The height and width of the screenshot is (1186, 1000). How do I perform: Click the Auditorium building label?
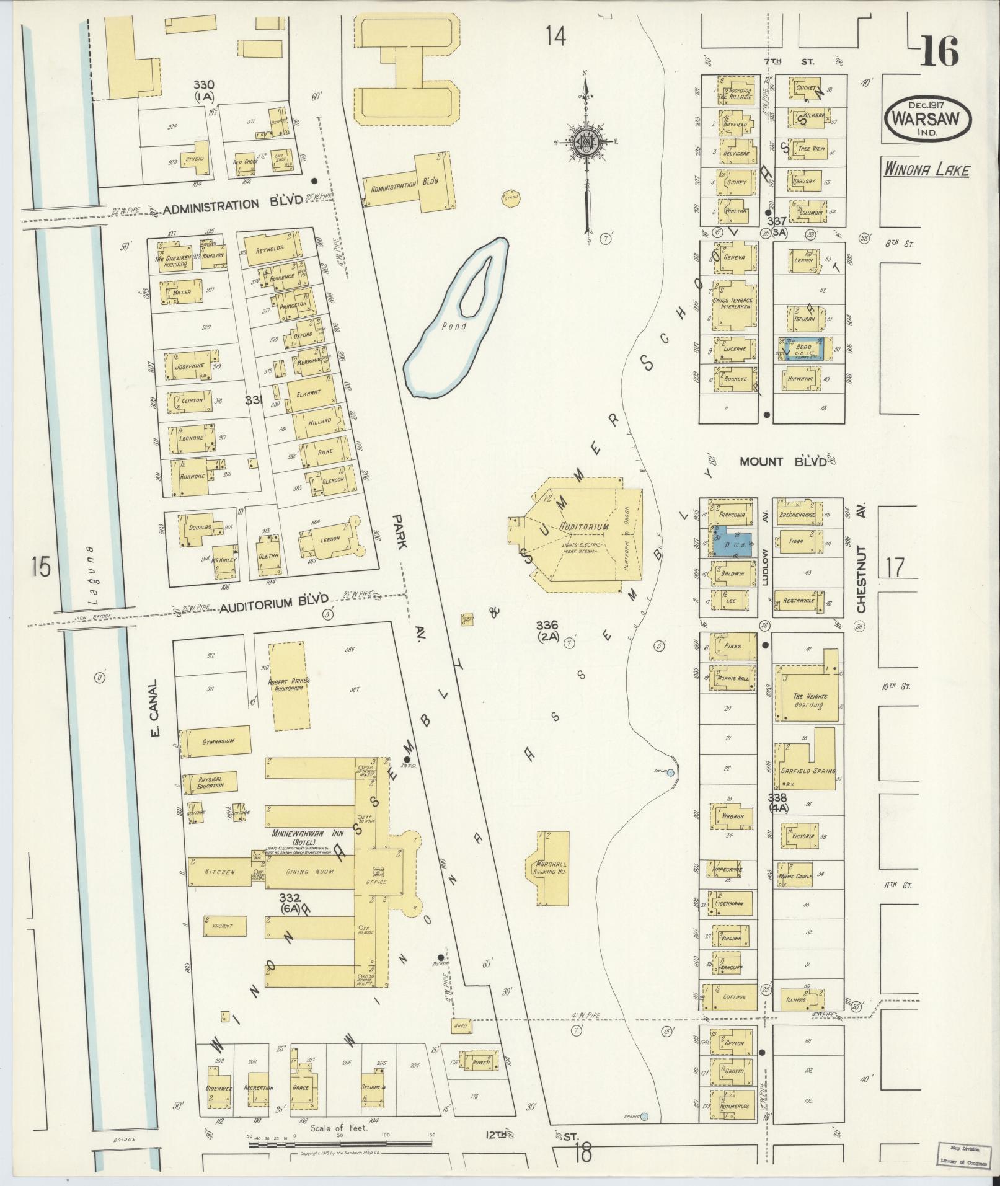tap(584, 527)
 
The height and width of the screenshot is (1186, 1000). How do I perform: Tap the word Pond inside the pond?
tap(454, 326)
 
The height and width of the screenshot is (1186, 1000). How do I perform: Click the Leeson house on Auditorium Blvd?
tap(330, 539)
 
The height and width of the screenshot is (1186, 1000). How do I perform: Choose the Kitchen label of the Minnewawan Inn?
tap(219, 872)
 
